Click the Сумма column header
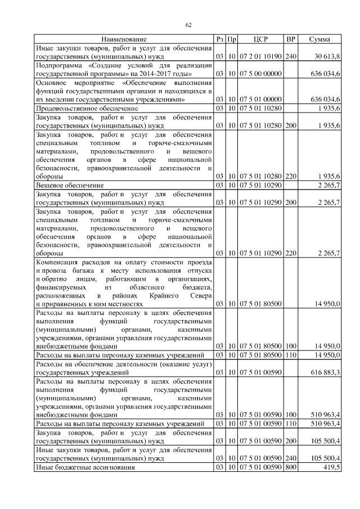coord(319,39)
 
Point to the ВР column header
coord(290,39)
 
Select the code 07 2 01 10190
coord(260,57)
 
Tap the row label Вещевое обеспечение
coord(69,184)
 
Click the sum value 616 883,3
coord(325,372)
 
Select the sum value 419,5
coord(331,467)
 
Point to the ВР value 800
coord(290,467)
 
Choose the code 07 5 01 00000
coord(260,99)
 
